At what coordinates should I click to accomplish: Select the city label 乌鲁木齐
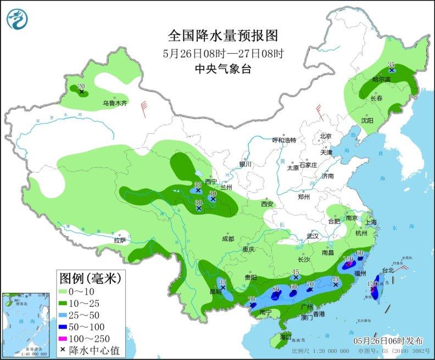[x=115, y=103]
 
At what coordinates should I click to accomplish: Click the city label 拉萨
[x=120, y=240]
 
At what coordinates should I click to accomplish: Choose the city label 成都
[x=228, y=239]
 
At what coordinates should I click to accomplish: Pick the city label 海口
[x=285, y=336]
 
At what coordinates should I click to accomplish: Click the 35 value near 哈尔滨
[x=392, y=64]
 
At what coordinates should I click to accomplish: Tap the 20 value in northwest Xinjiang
[x=81, y=86]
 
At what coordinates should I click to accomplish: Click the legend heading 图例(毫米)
[x=91, y=278]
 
